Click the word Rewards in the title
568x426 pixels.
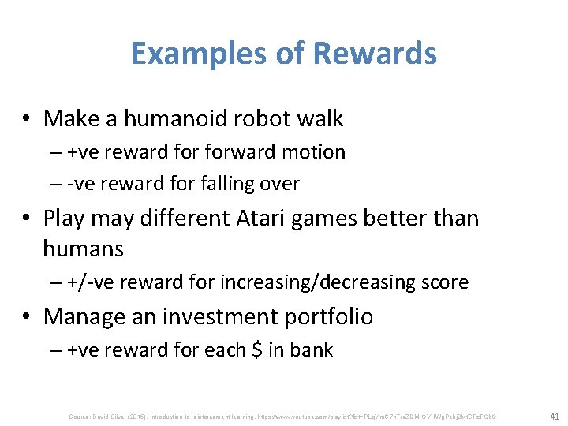375,54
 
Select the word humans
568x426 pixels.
83,249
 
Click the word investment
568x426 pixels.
219,316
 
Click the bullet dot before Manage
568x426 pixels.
28,317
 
